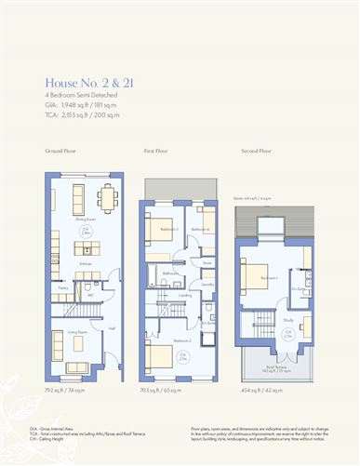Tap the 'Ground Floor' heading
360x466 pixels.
coord(60,150)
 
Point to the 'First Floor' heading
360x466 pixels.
coord(155,150)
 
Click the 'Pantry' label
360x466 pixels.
coord(63,288)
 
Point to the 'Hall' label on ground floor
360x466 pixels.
coord(112,327)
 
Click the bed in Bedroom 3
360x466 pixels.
coord(159,229)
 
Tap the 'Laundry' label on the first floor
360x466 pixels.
coord(207,284)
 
